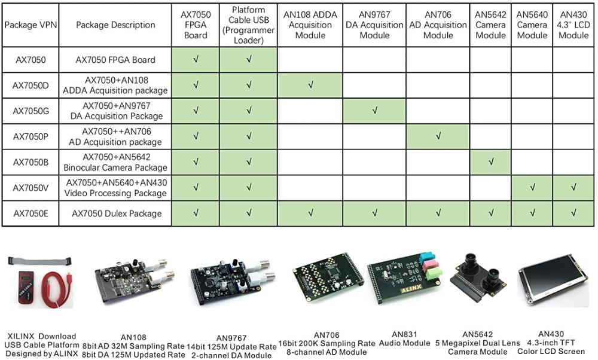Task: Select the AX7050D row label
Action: click(x=30, y=86)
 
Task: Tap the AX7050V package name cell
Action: click(x=30, y=188)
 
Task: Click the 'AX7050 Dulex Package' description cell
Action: click(x=116, y=213)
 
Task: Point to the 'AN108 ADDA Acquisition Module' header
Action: click(x=310, y=25)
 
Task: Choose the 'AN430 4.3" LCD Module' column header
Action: click(x=573, y=25)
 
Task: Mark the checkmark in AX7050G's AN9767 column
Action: click(x=375, y=111)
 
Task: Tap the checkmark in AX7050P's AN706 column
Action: click(x=438, y=136)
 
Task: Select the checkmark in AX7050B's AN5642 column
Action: click(x=491, y=162)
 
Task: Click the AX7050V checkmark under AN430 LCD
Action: click(x=573, y=188)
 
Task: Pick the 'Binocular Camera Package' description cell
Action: click(x=116, y=162)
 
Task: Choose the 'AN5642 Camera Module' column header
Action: click(x=490, y=25)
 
